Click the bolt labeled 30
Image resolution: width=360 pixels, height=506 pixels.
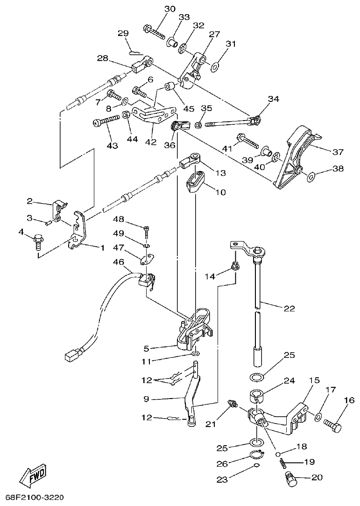point(154,33)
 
